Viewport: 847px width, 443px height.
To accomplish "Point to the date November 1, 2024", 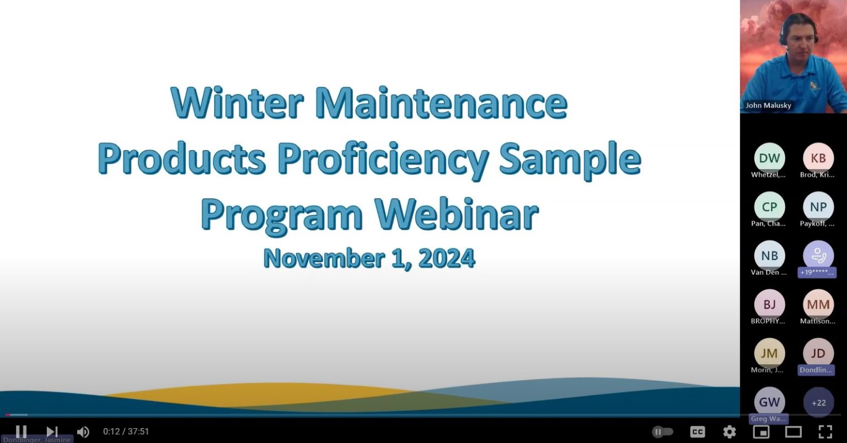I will tap(369, 258).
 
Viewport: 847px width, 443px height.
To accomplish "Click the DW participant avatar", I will tap(769, 158).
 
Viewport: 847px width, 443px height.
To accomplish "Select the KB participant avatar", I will tap(818, 158).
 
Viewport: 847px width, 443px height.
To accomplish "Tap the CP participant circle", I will tap(769, 207).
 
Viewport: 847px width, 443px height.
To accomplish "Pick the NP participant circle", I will tap(818, 207).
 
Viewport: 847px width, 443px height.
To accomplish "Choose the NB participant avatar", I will tap(769, 256).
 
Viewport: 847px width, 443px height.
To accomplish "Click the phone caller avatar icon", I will tap(818, 255).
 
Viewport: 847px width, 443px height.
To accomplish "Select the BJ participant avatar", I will tap(769, 305).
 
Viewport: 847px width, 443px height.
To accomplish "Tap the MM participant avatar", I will tap(818, 305).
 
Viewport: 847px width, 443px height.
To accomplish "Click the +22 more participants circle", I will tap(818, 403).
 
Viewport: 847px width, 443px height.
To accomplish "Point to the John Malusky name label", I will tap(768, 105).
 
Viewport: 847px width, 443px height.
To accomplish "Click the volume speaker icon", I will tap(83, 431).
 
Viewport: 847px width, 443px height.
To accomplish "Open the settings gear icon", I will tap(730, 431).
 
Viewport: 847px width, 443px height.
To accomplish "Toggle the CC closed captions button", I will tap(698, 431).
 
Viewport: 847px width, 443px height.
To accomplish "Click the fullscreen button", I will tap(825, 431).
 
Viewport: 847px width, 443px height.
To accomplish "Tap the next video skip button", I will tap(52, 431).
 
